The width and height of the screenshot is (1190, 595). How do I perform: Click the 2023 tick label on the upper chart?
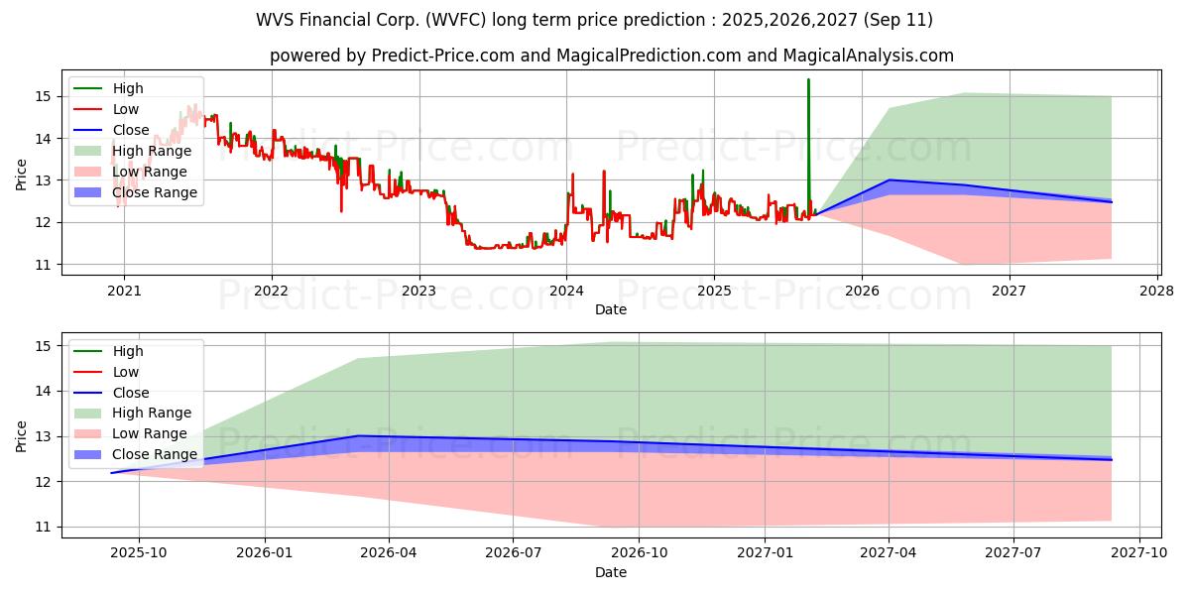418,291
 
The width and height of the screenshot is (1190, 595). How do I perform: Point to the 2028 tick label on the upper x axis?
1157,291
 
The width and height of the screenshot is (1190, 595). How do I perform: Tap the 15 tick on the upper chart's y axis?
42,96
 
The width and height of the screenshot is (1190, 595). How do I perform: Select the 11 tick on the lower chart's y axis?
42,527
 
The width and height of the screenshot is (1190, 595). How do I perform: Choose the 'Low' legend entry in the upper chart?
126,109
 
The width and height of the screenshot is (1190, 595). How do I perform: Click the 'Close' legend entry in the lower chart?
131,393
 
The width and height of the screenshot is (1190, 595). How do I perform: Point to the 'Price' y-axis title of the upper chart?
22,175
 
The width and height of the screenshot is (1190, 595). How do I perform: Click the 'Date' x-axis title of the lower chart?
611,572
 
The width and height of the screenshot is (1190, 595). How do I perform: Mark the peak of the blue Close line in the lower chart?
358,435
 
